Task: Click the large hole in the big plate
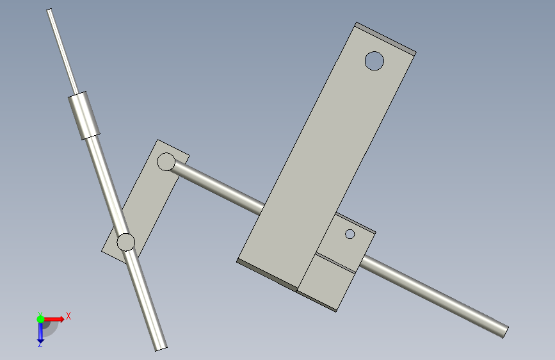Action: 374,61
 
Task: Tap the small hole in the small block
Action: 350,234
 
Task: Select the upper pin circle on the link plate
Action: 166,162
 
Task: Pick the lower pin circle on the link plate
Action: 125,242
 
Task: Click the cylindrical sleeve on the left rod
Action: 84,116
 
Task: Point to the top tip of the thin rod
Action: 49,10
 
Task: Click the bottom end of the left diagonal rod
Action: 161,349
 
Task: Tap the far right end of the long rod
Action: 506,332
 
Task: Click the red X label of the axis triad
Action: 68,316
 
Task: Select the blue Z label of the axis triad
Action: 40,344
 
